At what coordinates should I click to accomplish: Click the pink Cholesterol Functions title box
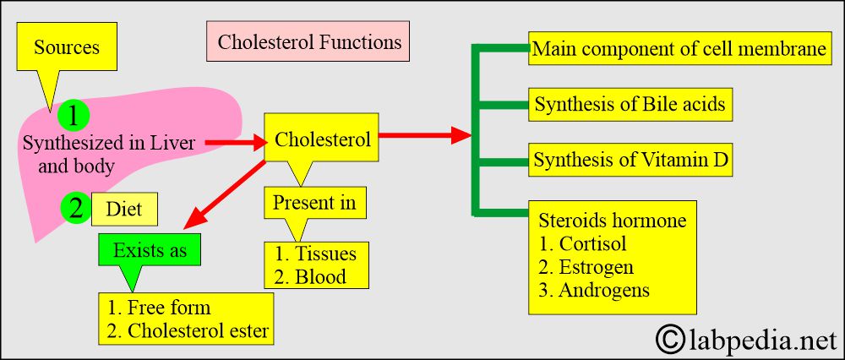(308, 41)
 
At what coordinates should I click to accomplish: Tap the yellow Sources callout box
(67, 46)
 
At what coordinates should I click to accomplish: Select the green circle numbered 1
(73, 115)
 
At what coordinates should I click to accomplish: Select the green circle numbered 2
(76, 208)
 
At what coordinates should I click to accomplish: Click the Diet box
(124, 209)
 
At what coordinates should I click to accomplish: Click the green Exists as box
(150, 249)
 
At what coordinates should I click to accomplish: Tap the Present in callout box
(314, 203)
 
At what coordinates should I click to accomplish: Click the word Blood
(320, 276)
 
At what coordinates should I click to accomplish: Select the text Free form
(169, 308)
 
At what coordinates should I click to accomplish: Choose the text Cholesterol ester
(198, 330)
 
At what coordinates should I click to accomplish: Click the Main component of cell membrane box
(679, 48)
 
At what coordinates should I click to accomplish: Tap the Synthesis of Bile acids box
(630, 103)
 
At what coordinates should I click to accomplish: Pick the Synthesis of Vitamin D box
(630, 160)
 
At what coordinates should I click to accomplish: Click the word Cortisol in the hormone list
(593, 243)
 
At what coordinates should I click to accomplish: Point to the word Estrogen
(596, 267)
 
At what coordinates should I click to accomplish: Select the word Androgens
(604, 291)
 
